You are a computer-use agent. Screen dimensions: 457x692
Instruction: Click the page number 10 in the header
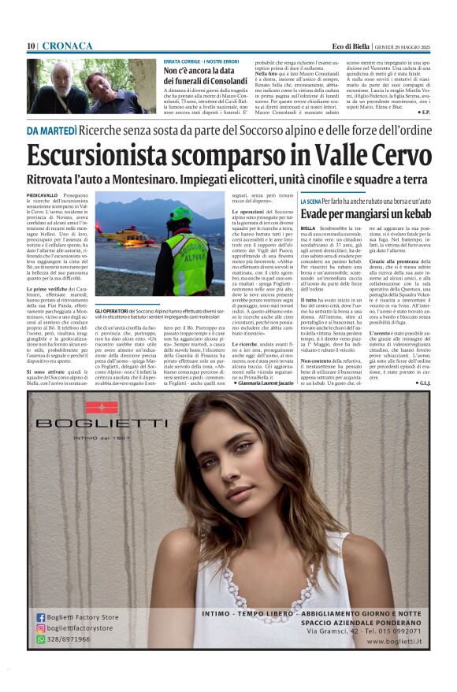tap(31, 46)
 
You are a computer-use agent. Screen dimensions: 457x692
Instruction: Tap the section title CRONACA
tap(67, 46)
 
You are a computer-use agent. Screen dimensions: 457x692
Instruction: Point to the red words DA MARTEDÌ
tap(52, 130)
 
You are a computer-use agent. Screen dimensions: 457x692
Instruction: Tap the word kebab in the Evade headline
tap(413, 215)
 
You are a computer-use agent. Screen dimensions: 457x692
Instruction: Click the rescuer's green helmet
tap(182, 214)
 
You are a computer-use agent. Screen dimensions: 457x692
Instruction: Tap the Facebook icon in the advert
tap(40, 617)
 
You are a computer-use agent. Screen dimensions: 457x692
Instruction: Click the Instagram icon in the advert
tap(40, 627)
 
